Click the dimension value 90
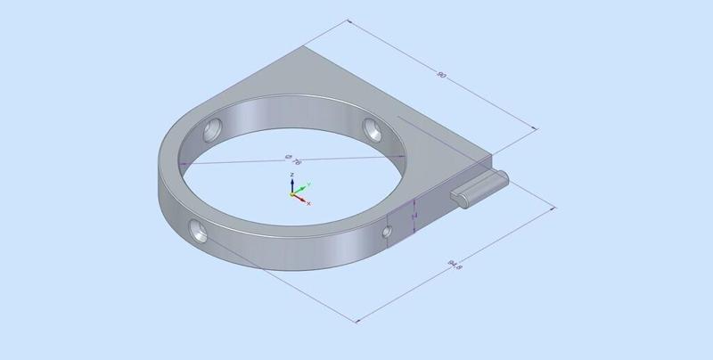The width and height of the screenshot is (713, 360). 440,75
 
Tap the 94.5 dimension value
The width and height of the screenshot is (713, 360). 454,264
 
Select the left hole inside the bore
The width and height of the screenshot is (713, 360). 213,130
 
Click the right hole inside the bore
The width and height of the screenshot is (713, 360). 373,130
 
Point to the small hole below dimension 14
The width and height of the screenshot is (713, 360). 387,233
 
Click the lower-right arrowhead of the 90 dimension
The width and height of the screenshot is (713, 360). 535,128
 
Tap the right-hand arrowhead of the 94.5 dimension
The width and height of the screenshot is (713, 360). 558,208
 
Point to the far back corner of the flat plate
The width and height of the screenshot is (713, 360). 306,47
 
